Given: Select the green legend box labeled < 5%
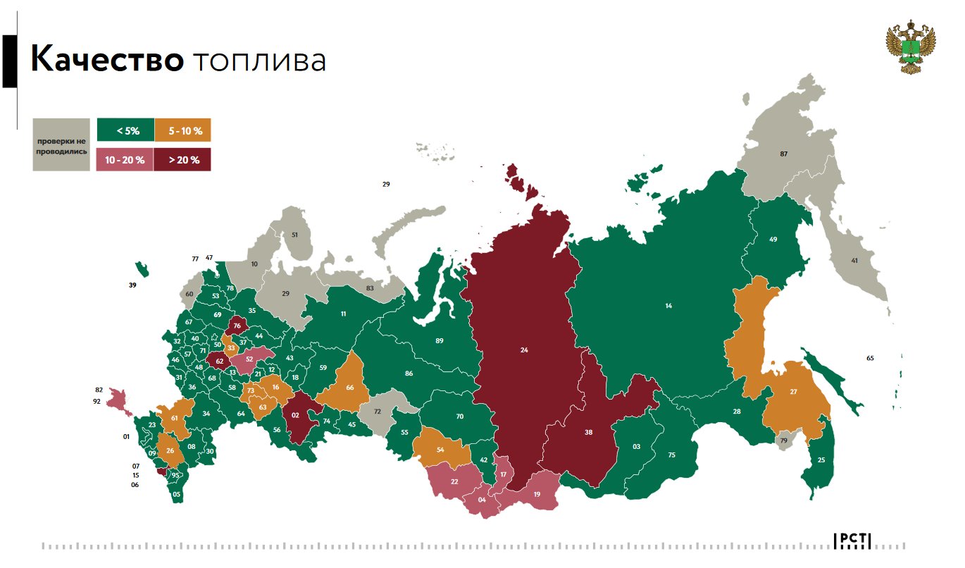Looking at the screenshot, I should [125, 130].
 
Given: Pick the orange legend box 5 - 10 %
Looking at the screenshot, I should [182, 130].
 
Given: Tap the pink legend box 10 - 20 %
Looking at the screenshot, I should [125, 160].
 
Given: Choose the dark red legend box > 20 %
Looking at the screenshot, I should [182, 160].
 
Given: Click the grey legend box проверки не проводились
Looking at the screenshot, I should [61, 145].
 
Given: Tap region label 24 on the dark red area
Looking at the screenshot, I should [524, 350].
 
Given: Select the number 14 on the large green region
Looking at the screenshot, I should [668, 306].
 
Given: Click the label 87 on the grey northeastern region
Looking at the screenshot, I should [783, 154].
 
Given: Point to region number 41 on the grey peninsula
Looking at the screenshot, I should [854, 261].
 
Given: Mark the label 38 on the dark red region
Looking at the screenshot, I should [588, 434].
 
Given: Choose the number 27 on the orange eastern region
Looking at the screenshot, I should [793, 392].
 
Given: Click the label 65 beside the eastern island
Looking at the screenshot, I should [870, 358].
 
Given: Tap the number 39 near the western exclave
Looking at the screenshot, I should [132, 285].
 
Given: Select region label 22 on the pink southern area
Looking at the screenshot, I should [454, 481].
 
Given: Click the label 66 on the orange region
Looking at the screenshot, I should [349, 388].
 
